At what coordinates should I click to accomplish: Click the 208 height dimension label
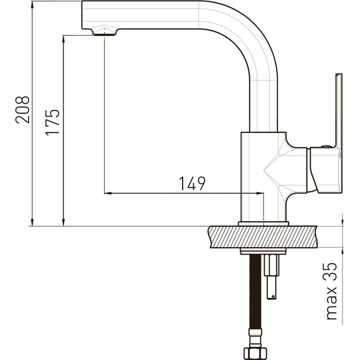click(x=22, y=110)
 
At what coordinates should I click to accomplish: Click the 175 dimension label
click(x=52, y=122)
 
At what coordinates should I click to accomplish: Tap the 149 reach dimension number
click(x=192, y=184)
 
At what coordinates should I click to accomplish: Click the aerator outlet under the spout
click(x=104, y=34)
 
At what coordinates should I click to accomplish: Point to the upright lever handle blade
click(x=339, y=110)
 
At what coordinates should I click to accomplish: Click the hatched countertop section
click(x=263, y=237)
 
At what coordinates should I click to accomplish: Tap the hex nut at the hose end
click(x=255, y=354)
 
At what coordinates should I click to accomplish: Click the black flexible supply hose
click(x=255, y=292)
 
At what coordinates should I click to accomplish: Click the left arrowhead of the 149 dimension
click(x=108, y=193)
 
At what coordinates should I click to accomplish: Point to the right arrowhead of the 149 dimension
click(x=260, y=193)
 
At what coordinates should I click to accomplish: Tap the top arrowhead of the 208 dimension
click(x=32, y=5)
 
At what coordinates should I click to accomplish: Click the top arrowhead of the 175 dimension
click(x=64, y=39)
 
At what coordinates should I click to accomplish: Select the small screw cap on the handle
click(x=326, y=146)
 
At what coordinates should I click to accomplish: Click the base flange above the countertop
click(x=263, y=224)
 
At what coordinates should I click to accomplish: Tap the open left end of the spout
click(x=83, y=15)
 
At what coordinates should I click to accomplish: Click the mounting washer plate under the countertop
click(x=263, y=251)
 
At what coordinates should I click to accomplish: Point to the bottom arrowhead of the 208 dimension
click(x=32, y=222)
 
